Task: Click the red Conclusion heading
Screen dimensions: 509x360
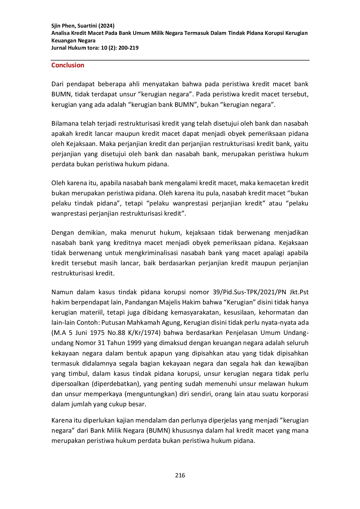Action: click(68, 65)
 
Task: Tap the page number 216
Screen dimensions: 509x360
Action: click(180, 475)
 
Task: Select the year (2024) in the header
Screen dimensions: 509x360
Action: click(106, 26)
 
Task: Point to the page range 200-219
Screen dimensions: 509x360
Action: click(128, 48)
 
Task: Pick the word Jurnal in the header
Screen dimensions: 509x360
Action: click(59, 48)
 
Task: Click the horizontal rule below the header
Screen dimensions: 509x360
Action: click(180, 60)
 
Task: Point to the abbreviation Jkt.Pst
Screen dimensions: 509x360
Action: click(299, 292)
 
